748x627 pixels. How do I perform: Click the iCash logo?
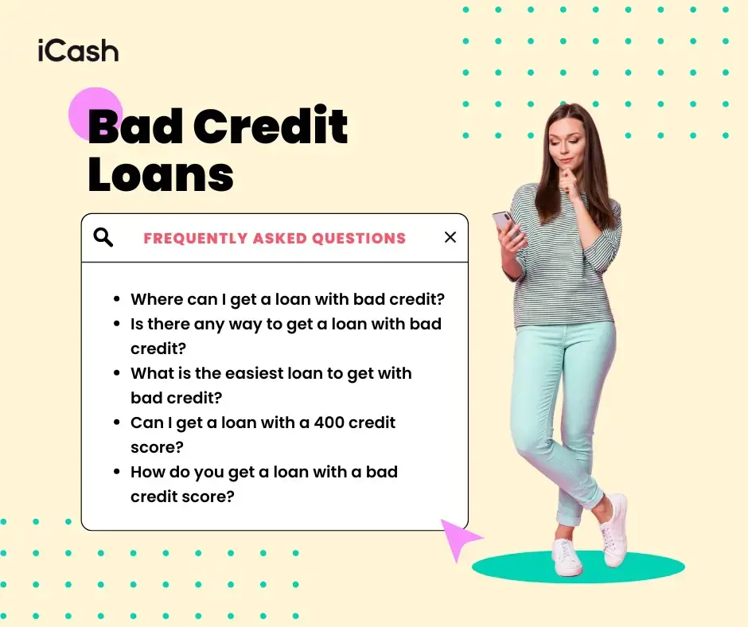tap(78, 51)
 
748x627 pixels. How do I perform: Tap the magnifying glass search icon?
tap(103, 237)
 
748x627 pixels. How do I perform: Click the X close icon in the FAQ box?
tap(450, 237)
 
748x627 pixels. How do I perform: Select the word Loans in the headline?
tap(161, 174)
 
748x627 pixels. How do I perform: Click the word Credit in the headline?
tap(270, 125)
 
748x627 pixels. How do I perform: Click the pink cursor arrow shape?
tap(458, 538)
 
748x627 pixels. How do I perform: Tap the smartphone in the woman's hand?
tap(505, 224)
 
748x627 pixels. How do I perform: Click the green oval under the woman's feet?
tap(579, 567)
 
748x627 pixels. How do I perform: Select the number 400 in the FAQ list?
tap(329, 423)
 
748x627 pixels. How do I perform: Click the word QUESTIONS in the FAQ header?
tap(359, 238)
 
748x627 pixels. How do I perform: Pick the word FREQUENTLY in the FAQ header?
tap(196, 238)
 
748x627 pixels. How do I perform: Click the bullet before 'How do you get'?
tap(117, 472)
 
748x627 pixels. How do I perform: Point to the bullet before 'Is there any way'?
tap(117, 324)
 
